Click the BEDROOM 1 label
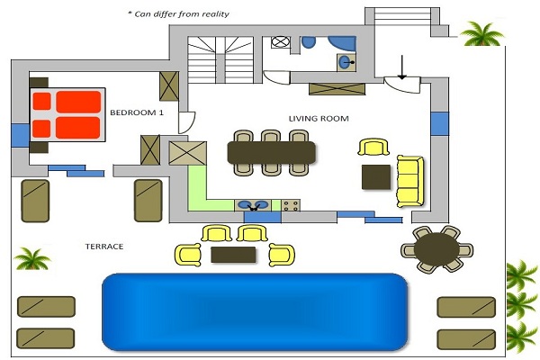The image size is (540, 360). (x=137, y=112)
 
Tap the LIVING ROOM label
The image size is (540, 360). (x=318, y=118)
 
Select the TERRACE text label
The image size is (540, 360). (x=103, y=246)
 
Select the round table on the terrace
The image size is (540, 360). (x=436, y=248)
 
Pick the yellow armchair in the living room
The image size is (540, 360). (x=374, y=148)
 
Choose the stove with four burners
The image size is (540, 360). (x=292, y=206)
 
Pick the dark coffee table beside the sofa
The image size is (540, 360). (x=375, y=176)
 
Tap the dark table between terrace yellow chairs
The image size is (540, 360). (x=238, y=255)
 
